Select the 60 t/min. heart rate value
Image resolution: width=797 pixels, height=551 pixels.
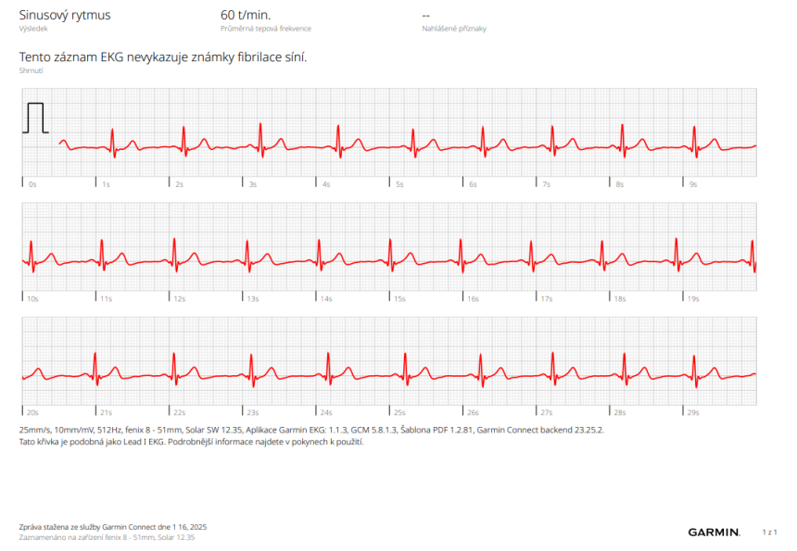click(x=246, y=15)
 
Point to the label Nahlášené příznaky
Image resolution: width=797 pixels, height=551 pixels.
click(x=454, y=29)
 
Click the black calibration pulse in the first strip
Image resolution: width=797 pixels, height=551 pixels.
click(x=36, y=117)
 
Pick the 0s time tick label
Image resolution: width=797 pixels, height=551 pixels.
click(x=32, y=184)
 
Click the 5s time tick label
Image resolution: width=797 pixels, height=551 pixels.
click(x=399, y=184)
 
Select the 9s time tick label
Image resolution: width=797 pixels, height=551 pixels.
click(x=693, y=184)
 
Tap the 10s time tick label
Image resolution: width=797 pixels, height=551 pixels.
click(x=32, y=299)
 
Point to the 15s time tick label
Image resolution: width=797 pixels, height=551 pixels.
click(x=399, y=299)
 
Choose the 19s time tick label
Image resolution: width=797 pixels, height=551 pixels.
click(x=693, y=299)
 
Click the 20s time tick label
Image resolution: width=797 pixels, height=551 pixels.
click(x=32, y=413)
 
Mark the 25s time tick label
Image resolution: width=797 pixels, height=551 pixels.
click(x=399, y=413)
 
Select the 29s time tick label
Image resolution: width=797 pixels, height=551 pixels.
click(x=693, y=413)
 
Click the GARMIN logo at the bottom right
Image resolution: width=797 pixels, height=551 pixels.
click(x=714, y=532)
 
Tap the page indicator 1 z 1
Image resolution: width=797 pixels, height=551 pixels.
click(x=768, y=532)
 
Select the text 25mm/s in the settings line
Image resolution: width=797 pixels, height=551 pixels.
click(x=37, y=431)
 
